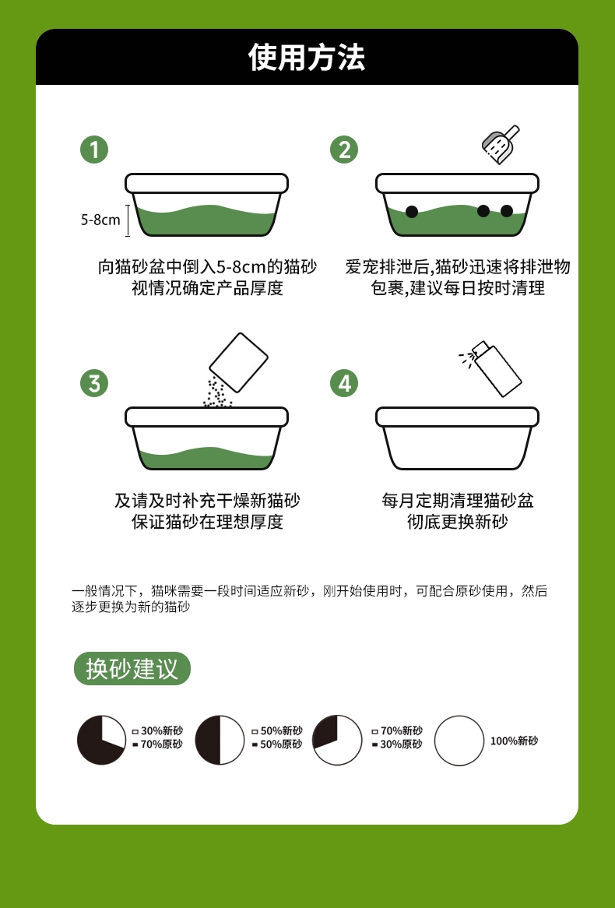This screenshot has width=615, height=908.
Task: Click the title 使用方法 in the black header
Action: [307, 58]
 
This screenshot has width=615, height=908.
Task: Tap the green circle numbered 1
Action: [94, 149]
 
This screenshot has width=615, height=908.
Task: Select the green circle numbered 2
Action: [344, 149]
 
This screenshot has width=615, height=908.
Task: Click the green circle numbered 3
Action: [94, 383]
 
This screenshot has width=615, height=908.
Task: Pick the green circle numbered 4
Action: [344, 383]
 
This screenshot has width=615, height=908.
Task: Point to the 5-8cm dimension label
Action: [100, 220]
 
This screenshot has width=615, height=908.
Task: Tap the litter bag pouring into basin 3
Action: [238, 362]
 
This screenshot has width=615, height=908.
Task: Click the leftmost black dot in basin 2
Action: [412, 211]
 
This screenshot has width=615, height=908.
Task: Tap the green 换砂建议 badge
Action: [132, 669]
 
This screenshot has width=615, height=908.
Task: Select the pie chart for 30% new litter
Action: [101, 740]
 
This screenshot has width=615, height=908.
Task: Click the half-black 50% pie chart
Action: [220, 740]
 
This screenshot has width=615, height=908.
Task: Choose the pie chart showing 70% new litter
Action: [337, 740]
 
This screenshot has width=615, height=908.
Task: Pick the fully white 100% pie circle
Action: [459, 740]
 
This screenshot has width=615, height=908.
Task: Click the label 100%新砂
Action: [514, 741]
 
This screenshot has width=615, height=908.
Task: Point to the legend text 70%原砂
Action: [161, 744]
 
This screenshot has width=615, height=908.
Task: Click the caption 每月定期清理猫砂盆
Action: [457, 500]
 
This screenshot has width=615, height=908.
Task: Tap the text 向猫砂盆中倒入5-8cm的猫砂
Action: [207, 267]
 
